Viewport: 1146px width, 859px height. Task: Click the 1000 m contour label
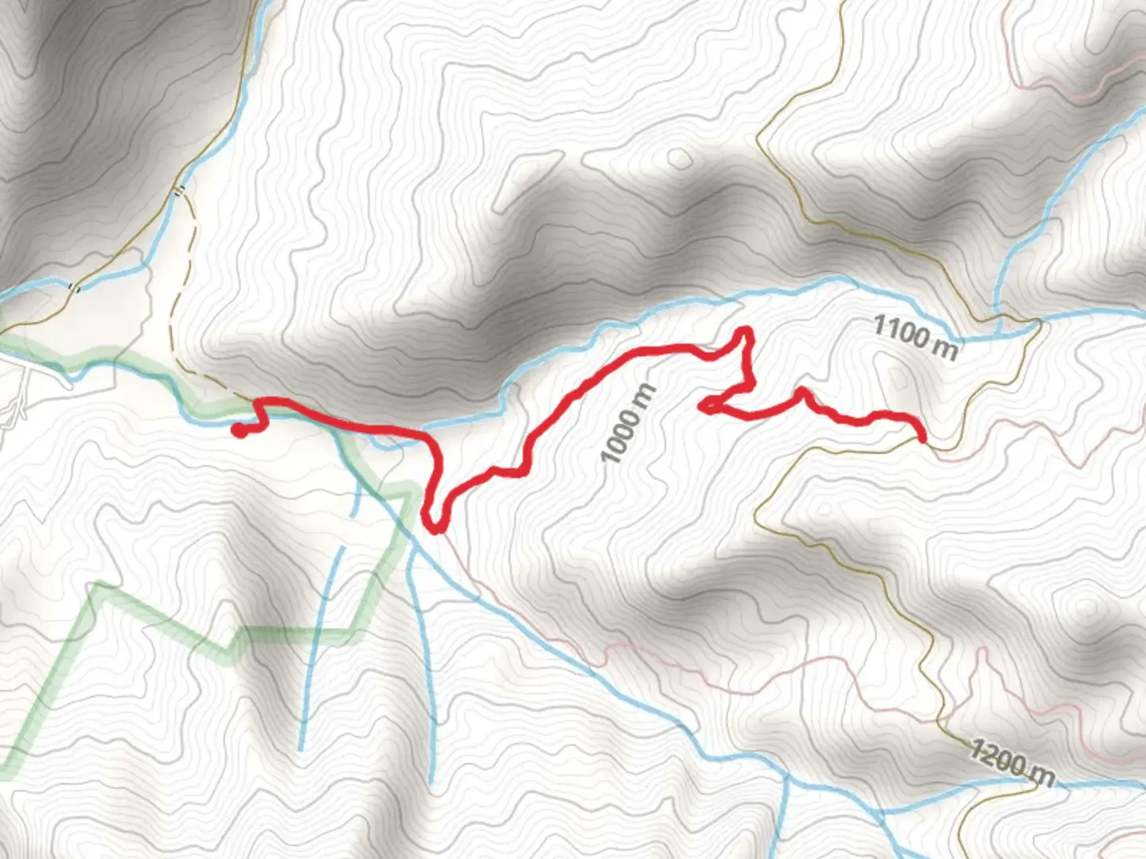(629, 424)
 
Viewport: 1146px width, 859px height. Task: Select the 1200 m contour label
(1012, 763)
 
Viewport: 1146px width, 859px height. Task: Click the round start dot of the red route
(238, 430)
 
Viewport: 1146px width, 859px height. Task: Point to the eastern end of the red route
(922, 437)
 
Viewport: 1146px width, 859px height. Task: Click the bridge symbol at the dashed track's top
(181, 190)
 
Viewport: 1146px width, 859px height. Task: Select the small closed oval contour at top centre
(679, 158)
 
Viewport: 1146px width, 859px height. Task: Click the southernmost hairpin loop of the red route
(434, 527)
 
